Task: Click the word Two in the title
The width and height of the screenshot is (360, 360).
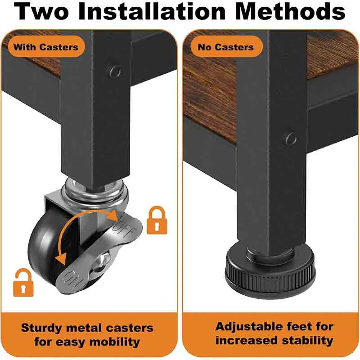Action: pos(42,11)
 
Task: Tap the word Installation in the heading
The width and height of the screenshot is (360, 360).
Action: pos(152,11)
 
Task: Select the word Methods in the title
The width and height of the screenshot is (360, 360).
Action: pos(290,11)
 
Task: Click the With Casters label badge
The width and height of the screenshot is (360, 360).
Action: pos(46,47)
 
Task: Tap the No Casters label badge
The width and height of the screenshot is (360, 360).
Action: pos(226,47)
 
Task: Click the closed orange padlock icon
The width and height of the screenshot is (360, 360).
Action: pos(157,220)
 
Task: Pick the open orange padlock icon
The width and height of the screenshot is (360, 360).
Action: pos(23,282)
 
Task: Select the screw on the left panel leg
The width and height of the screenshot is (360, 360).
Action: pos(115,72)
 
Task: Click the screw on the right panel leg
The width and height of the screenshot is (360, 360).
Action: pos(291,139)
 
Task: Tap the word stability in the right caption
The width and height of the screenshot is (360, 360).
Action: pos(307,341)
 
